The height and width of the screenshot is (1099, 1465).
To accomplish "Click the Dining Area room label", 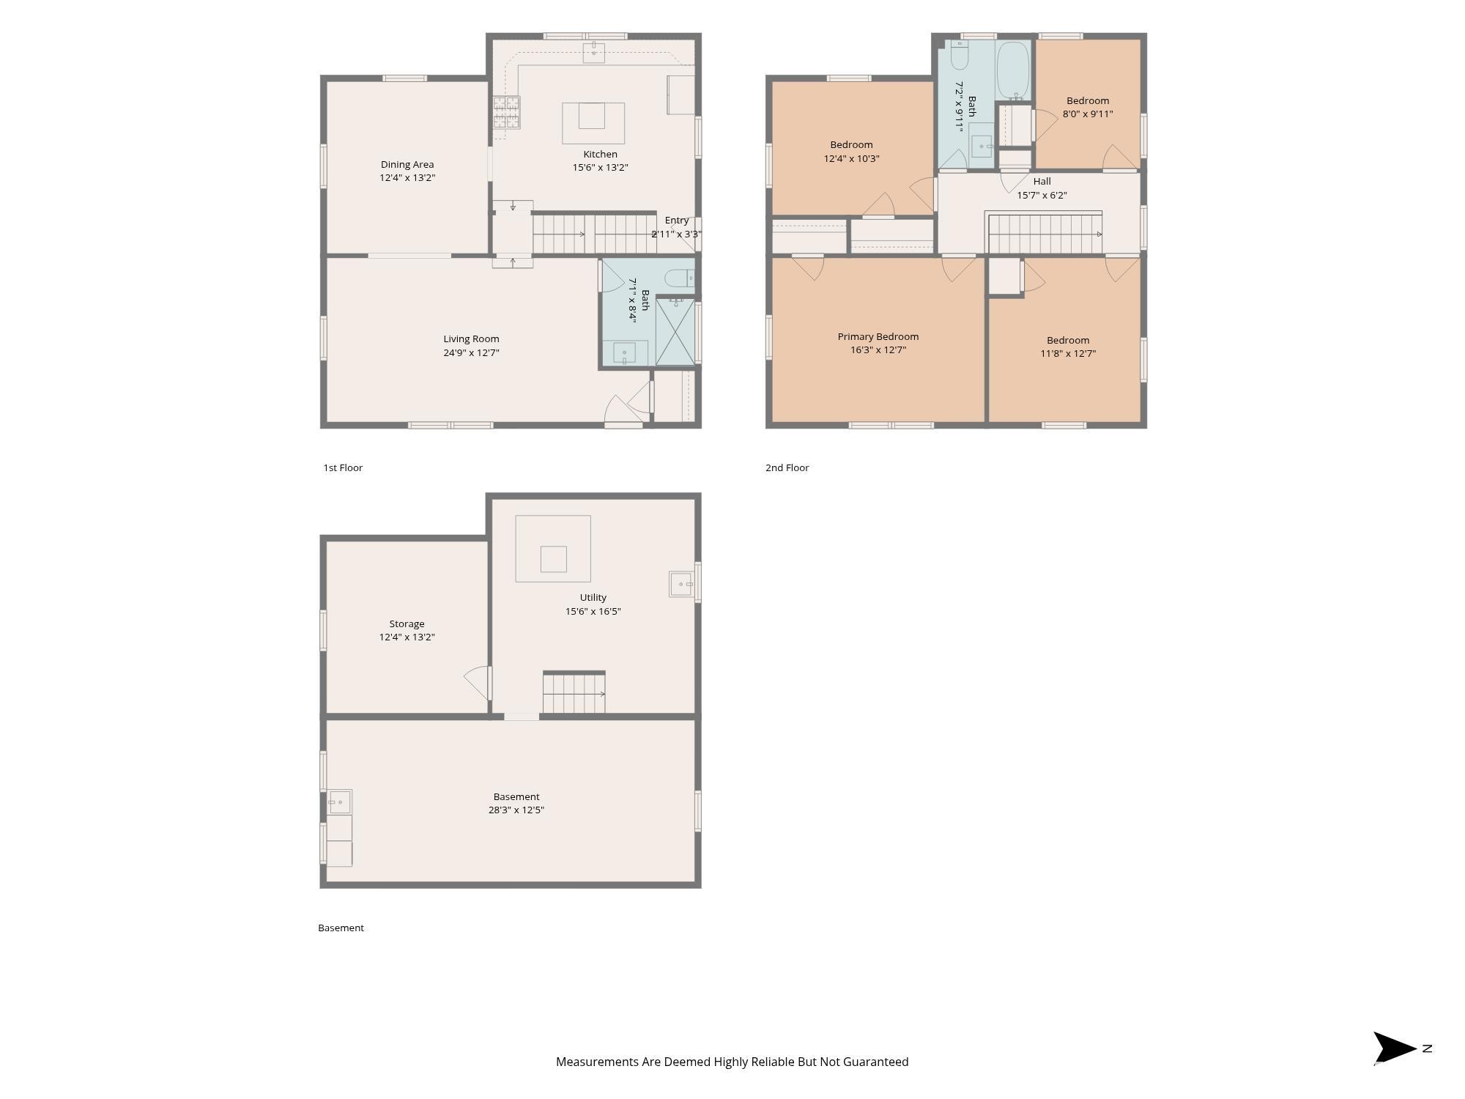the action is (407, 164).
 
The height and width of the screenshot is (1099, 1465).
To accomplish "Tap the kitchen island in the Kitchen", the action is (593, 123).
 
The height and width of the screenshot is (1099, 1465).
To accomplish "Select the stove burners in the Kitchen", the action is (506, 112).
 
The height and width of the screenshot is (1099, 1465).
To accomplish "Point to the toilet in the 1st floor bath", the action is (679, 278).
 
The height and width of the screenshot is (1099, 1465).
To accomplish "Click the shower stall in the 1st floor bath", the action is (675, 331).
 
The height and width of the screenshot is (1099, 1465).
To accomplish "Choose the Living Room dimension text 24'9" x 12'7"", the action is (472, 352).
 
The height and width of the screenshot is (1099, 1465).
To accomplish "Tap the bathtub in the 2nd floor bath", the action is (1013, 70).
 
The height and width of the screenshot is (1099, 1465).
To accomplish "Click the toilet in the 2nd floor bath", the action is (960, 55).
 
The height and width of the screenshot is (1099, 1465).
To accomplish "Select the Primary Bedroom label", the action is (878, 336).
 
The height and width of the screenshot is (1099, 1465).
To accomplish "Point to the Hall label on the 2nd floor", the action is (1042, 181).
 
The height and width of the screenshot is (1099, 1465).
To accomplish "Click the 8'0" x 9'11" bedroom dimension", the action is (1088, 114).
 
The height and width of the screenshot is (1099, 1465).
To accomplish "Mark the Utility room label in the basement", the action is (593, 597).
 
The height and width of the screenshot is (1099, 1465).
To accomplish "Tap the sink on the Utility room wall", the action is (681, 584).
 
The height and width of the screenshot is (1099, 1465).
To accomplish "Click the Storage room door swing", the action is (476, 682).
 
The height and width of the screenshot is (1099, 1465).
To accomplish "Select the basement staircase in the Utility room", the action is (574, 692).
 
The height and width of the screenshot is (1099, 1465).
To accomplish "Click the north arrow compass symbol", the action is (1395, 1048).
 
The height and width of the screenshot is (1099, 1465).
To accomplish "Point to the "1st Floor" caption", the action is (343, 467).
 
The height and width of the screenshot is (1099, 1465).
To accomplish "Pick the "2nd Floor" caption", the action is (787, 467).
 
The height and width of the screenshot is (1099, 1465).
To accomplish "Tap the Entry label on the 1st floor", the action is (677, 220).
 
